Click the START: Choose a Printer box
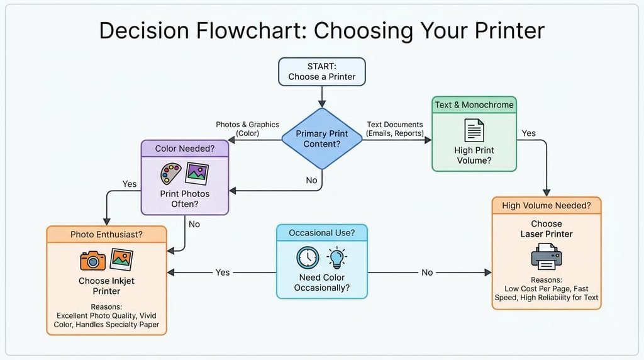pyautogui.click(x=321, y=72)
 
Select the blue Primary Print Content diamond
pyautogui.click(x=322, y=139)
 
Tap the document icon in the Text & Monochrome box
pyautogui.click(x=474, y=130)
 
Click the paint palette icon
pyautogui.click(x=171, y=174)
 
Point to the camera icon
pyautogui.click(x=92, y=261)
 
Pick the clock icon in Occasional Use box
pyautogui.click(x=308, y=258)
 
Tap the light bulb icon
pyautogui.click(x=337, y=258)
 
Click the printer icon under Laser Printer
pyautogui.click(x=547, y=256)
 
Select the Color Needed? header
pyautogui.click(x=185, y=149)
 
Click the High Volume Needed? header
pyautogui.click(x=547, y=205)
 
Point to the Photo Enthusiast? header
pyautogui.click(x=106, y=234)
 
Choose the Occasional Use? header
pyautogui.click(x=321, y=233)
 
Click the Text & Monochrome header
pyautogui.click(x=474, y=105)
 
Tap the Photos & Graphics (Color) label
pyautogui.click(x=247, y=128)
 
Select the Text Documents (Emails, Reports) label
pyautogui.click(x=395, y=128)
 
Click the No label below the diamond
pyautogui.click(x=311, y=180)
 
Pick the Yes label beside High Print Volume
pyautogui.click(x=528, y=133)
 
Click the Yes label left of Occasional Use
pyautogui.click(x=223, y=273)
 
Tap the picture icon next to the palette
pyautogui.click(x=197, y=174)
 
